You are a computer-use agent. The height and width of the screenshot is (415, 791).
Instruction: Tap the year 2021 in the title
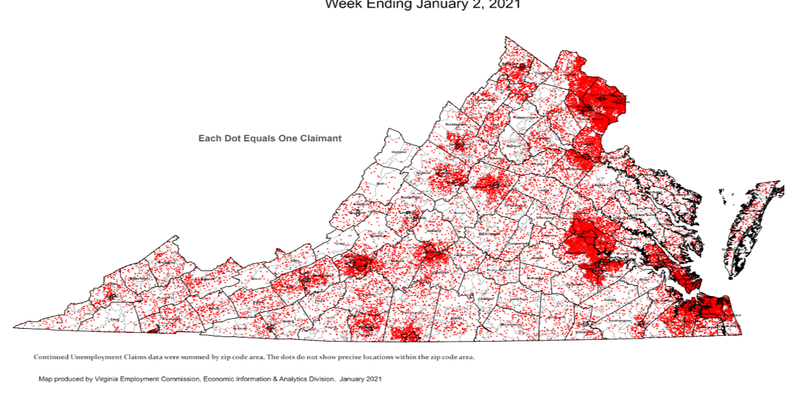pyautogui.click(x=505, y=5)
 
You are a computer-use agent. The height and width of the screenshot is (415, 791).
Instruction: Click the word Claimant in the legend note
pyautogui.click(x=318, y=139)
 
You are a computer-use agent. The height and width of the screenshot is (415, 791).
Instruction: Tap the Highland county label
pyautogui.click(x=398, y=152)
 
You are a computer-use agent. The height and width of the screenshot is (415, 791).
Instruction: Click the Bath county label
pyautogui.click(x=380, y=184)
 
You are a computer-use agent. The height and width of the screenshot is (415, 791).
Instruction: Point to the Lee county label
pyautogui.click(x=60, y=322)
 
